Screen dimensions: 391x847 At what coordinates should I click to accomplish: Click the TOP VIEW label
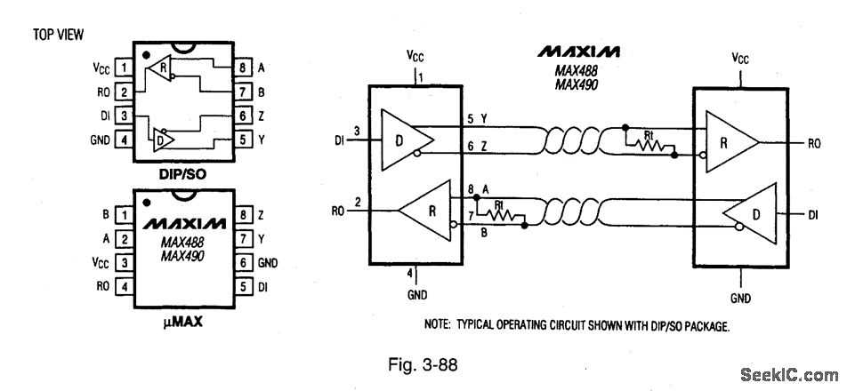point(58,35)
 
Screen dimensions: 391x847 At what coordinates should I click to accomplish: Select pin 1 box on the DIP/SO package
point(125,68)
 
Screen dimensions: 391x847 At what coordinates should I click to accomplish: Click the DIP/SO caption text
point(182,173)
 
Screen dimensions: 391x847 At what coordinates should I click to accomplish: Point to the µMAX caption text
point(181,323)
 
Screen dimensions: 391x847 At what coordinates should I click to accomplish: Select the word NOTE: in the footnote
point(440,325)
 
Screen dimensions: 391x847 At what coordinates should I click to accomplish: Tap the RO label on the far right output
point(813,142)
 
